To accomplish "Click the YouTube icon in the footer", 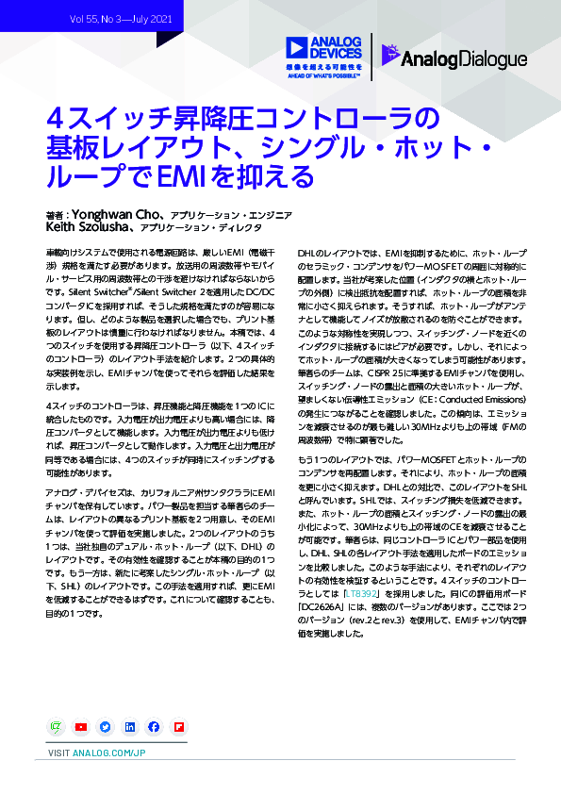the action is pos(80,727).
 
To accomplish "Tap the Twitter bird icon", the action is pos(105,727).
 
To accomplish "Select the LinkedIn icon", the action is pos(129,727).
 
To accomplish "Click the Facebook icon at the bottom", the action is pos(154,727).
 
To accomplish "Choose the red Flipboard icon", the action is pos(178,727).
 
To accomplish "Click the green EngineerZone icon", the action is pos(56,727).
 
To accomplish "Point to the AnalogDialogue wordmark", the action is pos(464,59).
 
